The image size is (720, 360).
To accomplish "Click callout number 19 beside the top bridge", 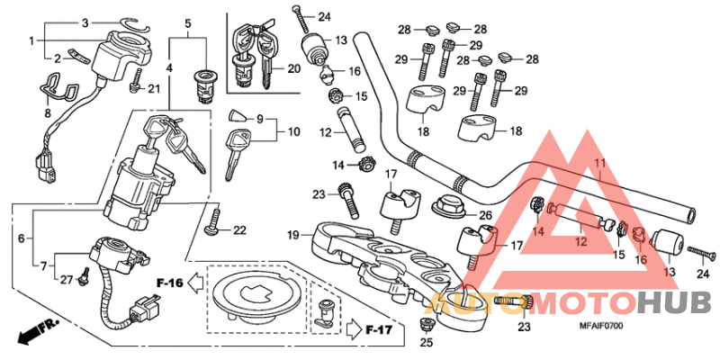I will point(292,235).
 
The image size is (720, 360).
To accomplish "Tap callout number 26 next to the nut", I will point(485,215).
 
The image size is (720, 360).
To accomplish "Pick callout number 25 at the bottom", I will point(427,343).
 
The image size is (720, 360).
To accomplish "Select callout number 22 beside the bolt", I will point(238,230).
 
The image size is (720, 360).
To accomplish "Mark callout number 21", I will point(153,87).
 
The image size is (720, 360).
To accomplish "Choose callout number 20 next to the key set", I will point(293,68).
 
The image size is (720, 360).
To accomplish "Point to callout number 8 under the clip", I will point(48,114).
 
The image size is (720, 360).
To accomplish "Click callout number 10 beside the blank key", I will point(294,131).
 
